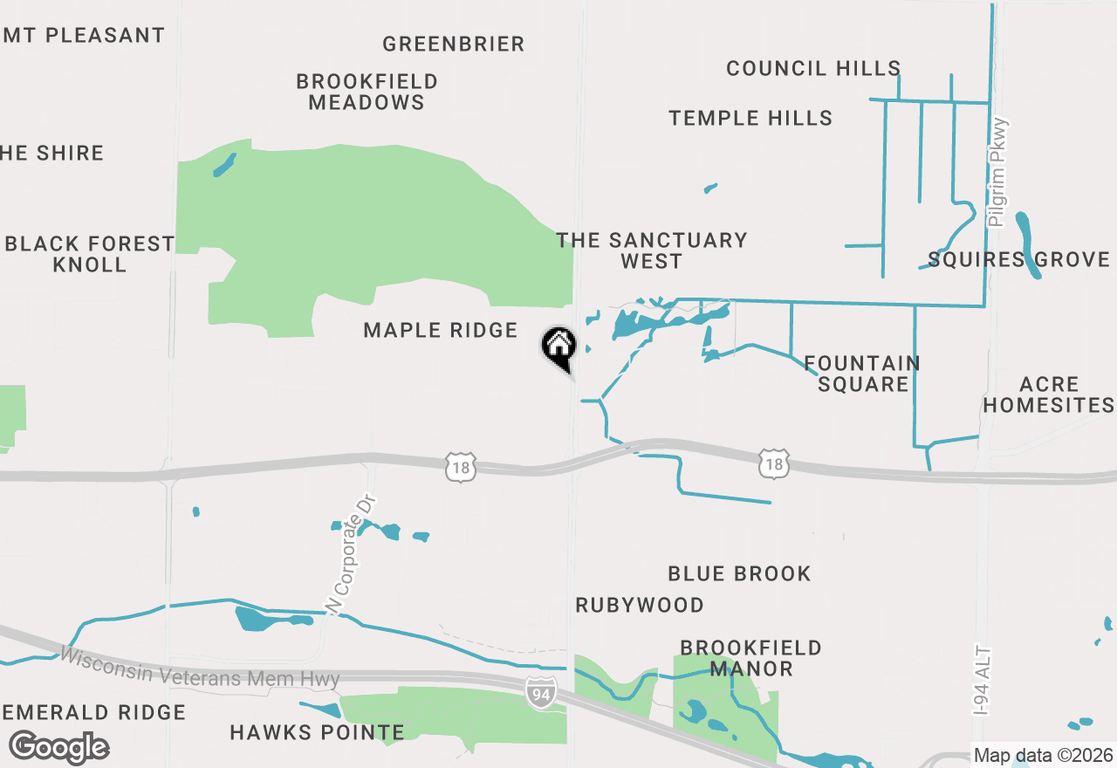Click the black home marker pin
pos(559,346)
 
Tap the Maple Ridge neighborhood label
pos(441,330)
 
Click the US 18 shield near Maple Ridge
pos(461,467)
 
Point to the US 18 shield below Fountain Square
pos(774,464)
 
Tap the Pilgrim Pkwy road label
pos(999,173)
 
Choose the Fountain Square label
pos(862,374)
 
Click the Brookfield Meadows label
pos(367,92)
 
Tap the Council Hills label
pos(813,68)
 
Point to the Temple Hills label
pos(750,118)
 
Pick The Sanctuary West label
pos(652,250)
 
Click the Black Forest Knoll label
pos(90,254)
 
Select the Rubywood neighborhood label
pos(640,605)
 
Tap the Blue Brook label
pos(739,573)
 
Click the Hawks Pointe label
pos(317,732)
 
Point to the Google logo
pos(58,747)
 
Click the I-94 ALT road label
pos(983,682)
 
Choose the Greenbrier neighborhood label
pos(454,44)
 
